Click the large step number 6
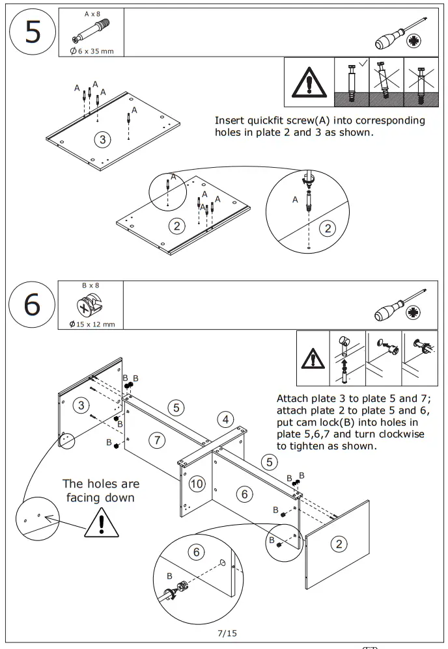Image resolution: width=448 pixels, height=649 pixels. pyautogui.click(x=32, y=304)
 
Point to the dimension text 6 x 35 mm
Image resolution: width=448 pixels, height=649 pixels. pyautogui.click(x=94, y=51)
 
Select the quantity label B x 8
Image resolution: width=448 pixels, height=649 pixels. pyautogui.click(x=91, y=285)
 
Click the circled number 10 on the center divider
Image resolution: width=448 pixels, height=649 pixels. pyautogui.click(x=197, y=483)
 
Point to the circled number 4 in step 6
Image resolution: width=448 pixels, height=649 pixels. pyautogui.click(x=225, y=419)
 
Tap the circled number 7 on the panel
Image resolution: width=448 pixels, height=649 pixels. pyautogui.click(x=157, y=440)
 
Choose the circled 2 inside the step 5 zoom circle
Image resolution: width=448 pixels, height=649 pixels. pyautogui.click(x=328, y=228)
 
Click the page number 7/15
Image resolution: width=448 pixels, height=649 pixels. pyautogui.click(x=227, y=632)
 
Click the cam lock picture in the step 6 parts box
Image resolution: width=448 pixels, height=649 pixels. pyautogui.click(x=88, y=305)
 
